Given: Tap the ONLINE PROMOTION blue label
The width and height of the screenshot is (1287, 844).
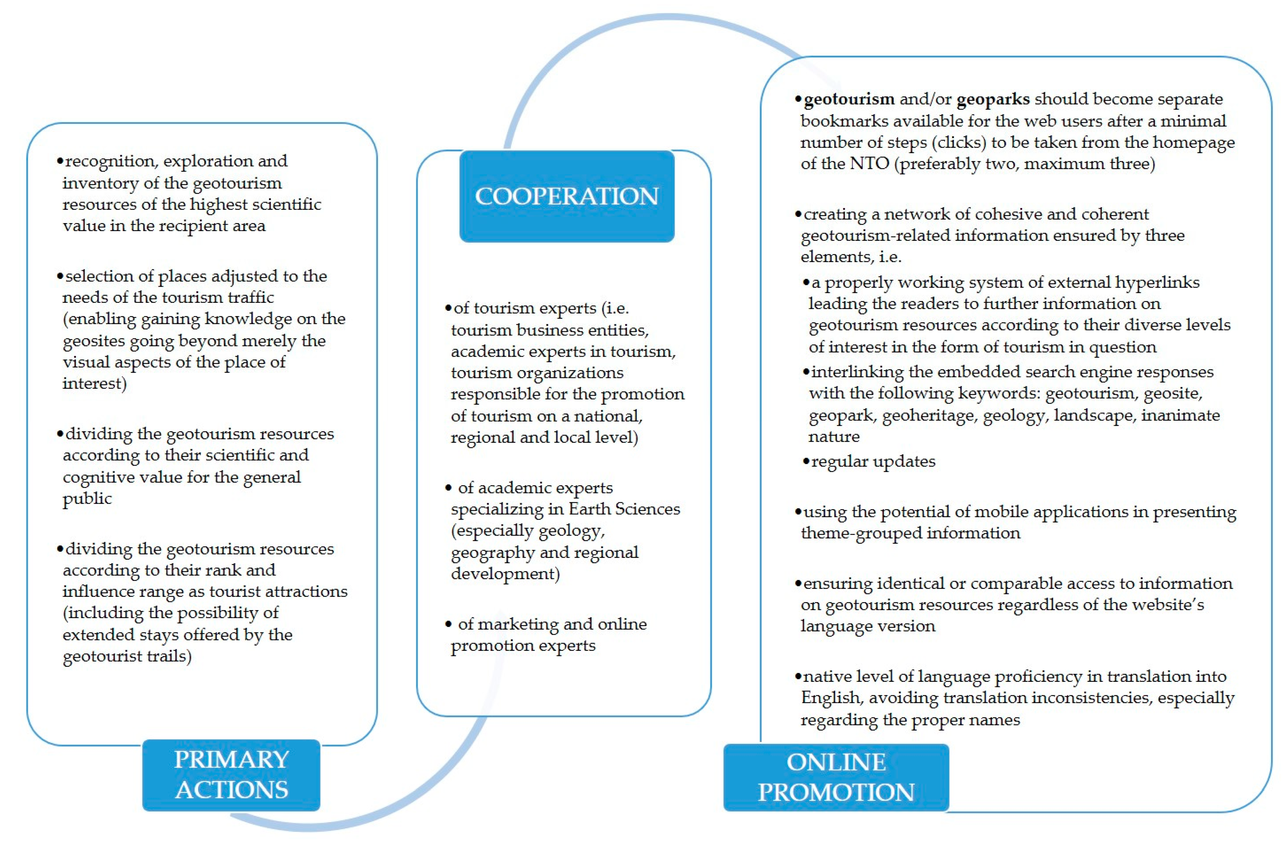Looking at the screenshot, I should [x=835, y=777].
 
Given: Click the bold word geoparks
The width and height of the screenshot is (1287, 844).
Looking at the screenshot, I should [x=993, y=100].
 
